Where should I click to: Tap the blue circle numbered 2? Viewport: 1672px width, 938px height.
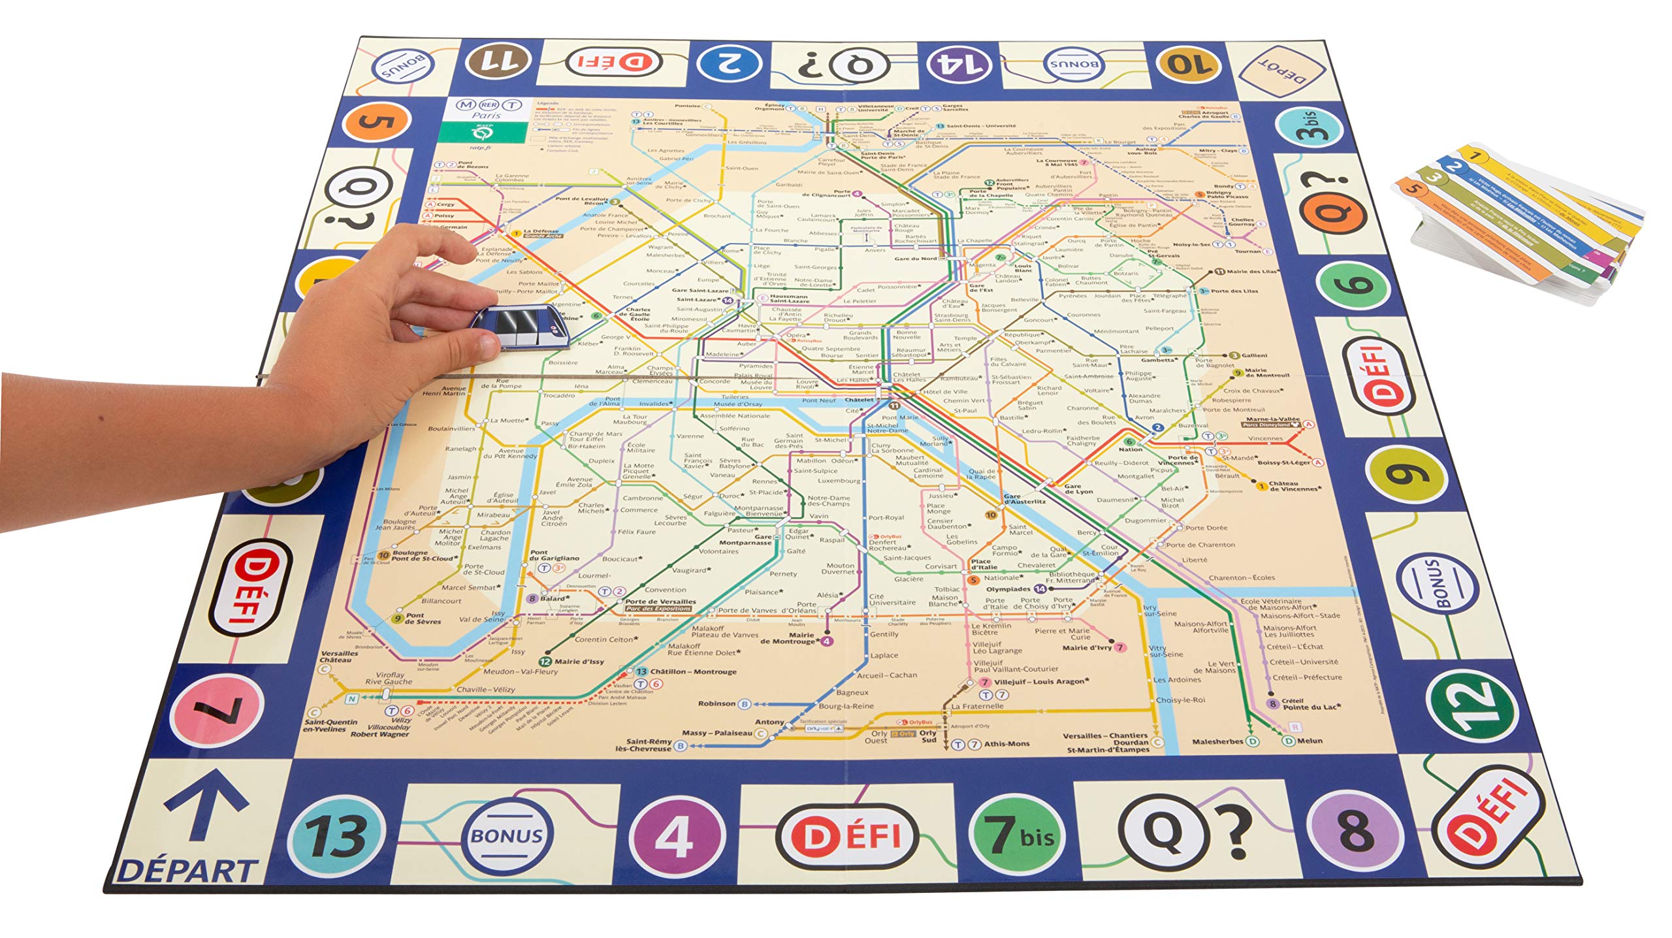tap(730, 63)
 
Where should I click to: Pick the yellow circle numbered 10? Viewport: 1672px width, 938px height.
tap(1187, 64)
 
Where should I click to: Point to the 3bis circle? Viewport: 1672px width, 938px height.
tap(1310, 127)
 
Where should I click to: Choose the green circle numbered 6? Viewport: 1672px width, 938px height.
tap(1353, 285)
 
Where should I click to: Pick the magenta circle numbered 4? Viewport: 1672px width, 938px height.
tap(676, 836)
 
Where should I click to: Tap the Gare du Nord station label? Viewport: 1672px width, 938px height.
tap(915, 259)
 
